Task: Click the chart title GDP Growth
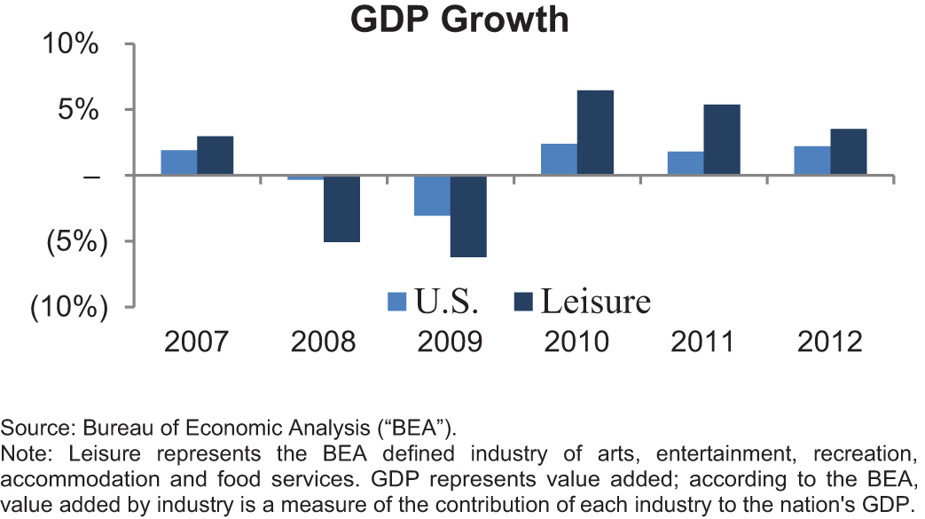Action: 459,19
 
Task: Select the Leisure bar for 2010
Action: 595,132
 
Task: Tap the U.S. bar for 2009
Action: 432,195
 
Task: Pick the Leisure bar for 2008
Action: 341,208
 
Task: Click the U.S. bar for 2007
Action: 178,162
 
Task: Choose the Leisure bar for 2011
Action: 722,139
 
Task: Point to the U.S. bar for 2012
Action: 812,161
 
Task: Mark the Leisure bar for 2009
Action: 468,216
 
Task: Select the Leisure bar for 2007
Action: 215,155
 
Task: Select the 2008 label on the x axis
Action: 323,342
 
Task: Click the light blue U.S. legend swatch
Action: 396,303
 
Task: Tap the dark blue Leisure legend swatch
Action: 523,303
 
